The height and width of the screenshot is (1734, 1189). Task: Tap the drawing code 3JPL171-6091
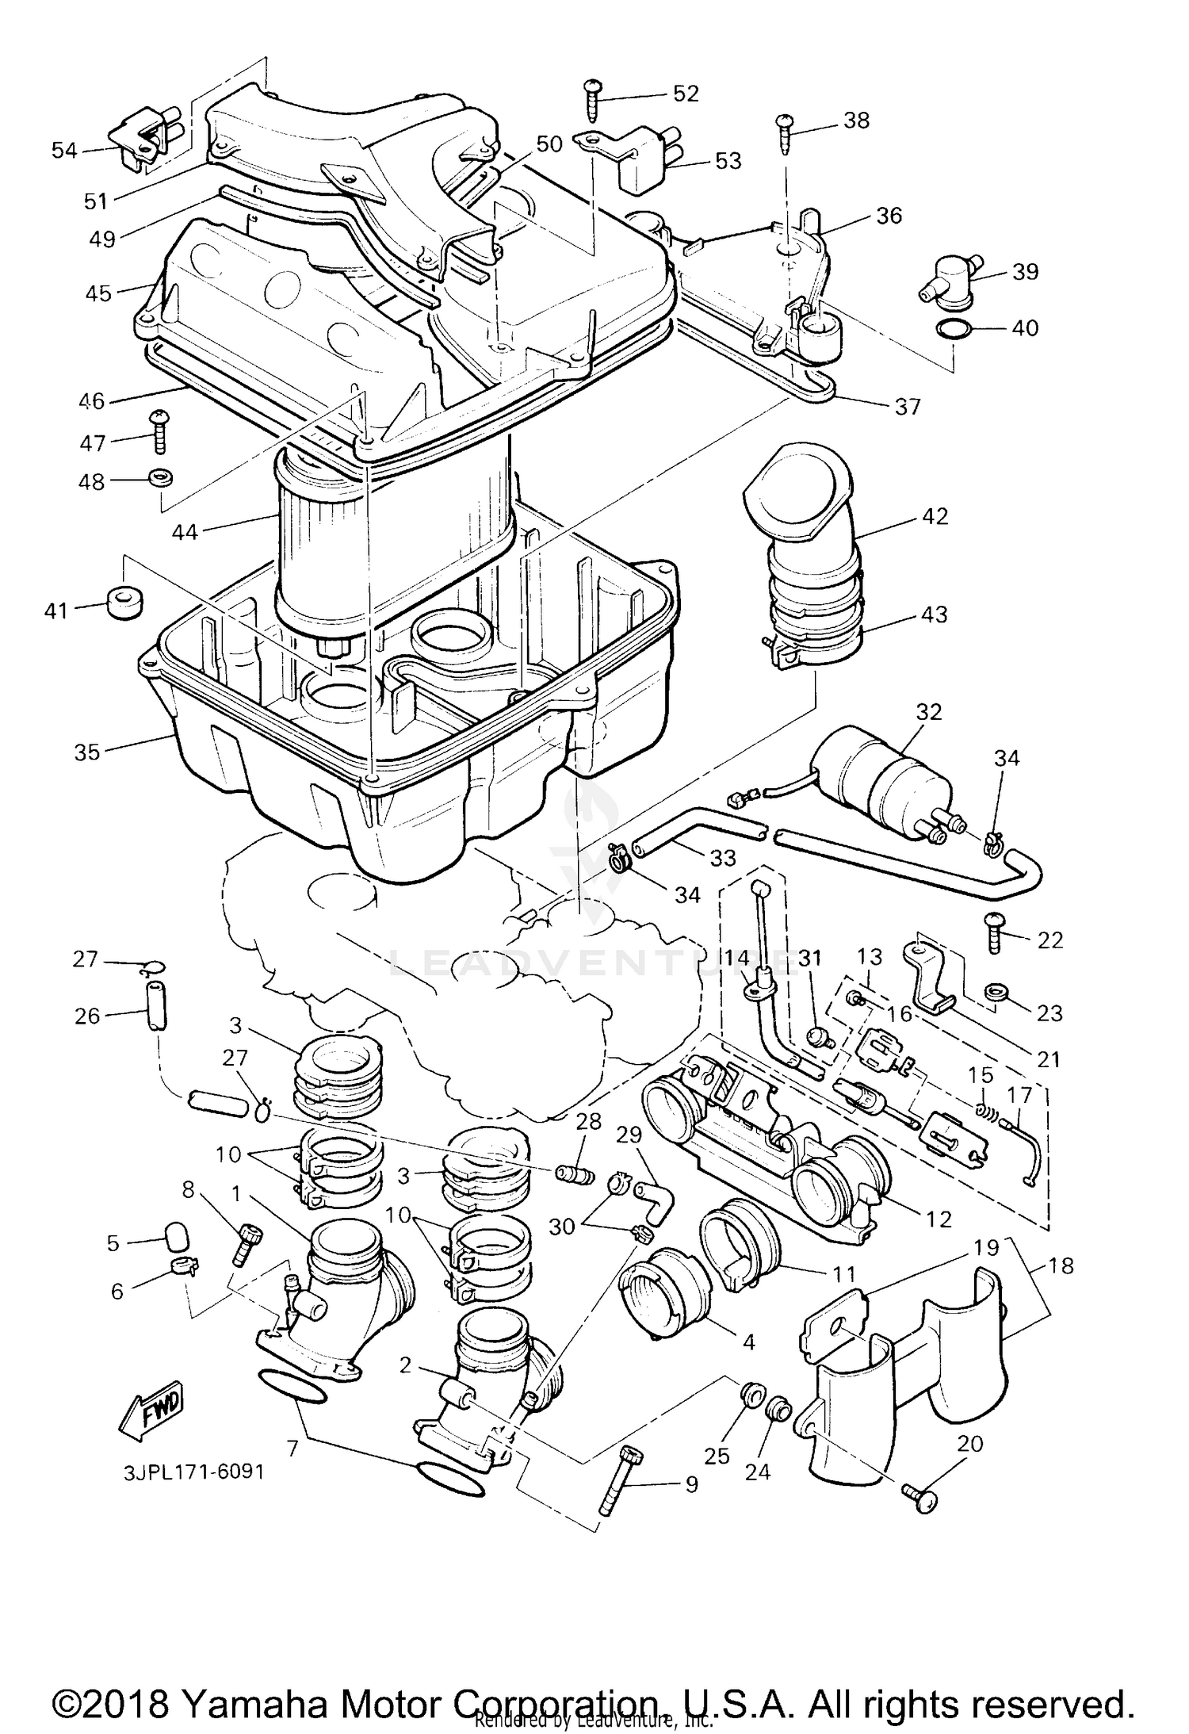coord(193,1472)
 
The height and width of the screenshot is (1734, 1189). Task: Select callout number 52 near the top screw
coord(686,94)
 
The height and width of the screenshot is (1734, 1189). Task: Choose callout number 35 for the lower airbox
coord(87,752)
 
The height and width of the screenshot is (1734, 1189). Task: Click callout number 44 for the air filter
coord(185,531)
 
